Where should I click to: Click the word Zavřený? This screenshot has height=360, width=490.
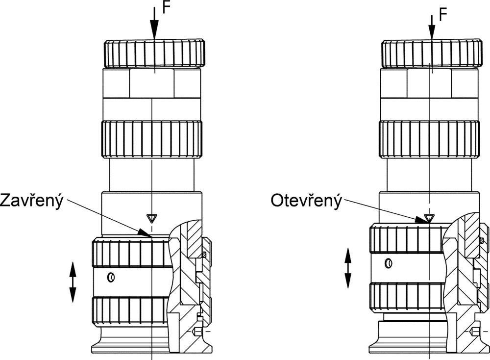[x=32, y=201]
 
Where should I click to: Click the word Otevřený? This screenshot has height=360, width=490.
[x=306, y=201]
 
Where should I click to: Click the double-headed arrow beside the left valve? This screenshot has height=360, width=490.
[x=73, y=282]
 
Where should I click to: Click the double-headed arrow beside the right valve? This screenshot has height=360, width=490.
[x=348, y=268]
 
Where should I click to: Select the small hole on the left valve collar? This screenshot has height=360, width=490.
[x=111, y=277]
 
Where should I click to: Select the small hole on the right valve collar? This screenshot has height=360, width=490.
[x=389, y=263]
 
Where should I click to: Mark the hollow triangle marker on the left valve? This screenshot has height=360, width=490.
[x=152, y=217]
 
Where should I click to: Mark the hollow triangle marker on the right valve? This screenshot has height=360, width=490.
[x=430, y=217]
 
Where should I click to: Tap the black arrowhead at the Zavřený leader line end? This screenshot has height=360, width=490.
[x=145, y=232]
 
